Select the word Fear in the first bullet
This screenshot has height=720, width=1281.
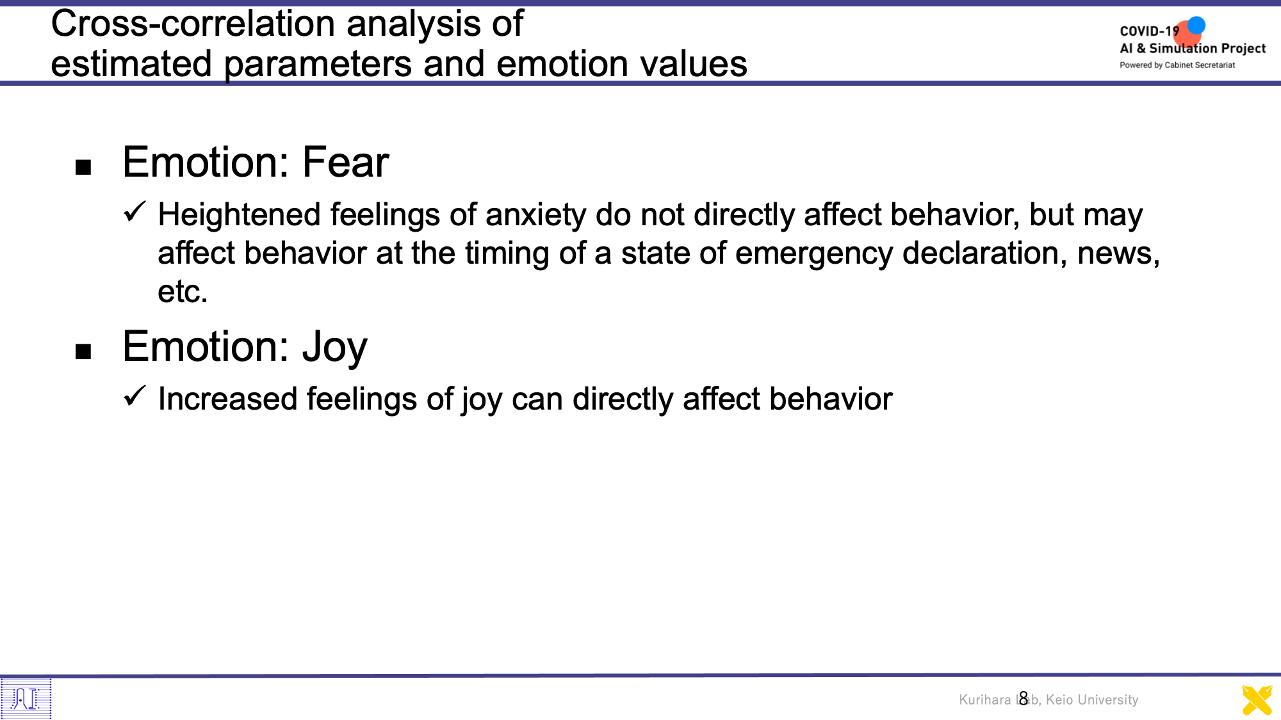(345, 162)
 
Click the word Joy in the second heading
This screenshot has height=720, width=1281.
(335, 348)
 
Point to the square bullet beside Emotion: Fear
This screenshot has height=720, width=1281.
(83, 168)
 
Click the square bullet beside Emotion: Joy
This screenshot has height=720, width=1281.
(83, 351)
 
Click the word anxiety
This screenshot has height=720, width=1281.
(535, 216)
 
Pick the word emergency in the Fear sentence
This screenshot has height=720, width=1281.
(813, 254)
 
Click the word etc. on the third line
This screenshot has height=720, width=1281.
(183, 292)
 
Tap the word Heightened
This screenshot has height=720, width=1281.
(240, 215)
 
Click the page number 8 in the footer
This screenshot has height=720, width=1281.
(1024, 698)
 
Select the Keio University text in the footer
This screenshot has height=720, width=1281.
(1092, 700)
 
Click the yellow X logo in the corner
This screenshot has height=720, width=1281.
(1257, 700)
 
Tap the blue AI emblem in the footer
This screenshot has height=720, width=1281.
(26, 698)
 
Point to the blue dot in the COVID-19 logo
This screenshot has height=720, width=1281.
(1196, 26)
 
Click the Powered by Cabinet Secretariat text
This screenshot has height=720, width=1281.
(1177, 65)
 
